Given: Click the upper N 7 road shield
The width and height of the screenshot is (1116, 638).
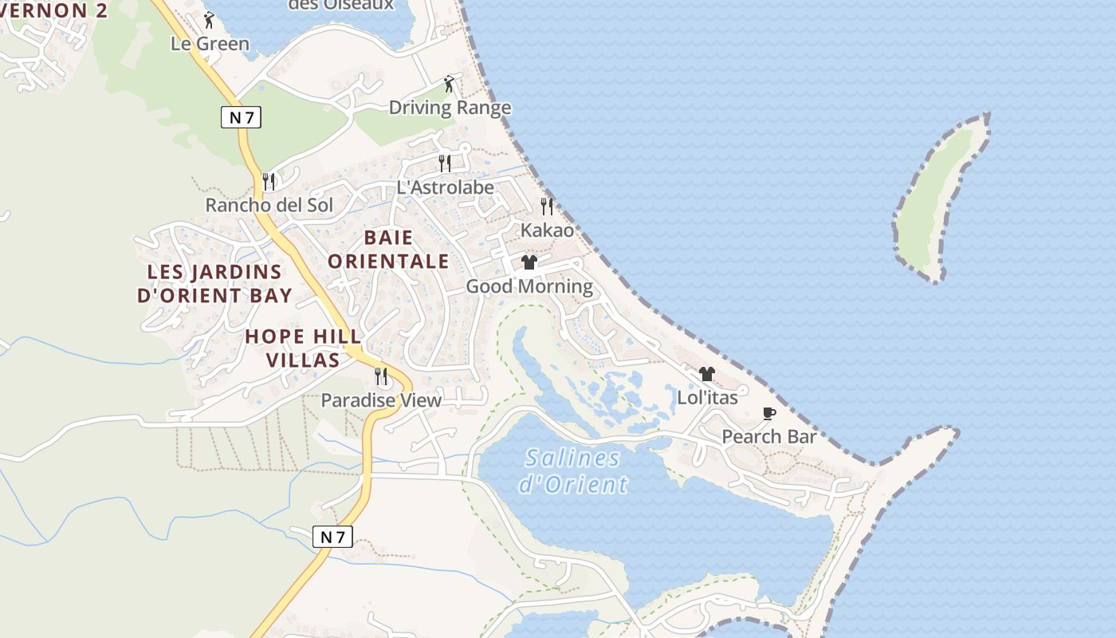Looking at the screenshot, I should point(241,118).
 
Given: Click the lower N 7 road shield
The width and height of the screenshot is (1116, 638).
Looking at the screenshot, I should point(332,537).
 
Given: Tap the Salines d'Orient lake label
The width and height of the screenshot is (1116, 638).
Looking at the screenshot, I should point(573,471).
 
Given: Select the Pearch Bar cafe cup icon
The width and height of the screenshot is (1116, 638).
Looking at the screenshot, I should point(768,413).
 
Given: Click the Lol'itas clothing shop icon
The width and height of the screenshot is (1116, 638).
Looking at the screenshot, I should point(706,374).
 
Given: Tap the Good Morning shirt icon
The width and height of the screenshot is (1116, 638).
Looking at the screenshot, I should point(529,262).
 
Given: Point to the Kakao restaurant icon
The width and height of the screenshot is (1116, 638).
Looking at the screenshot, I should point(547,207).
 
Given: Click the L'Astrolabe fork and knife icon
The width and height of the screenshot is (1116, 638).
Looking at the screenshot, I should point(445,163).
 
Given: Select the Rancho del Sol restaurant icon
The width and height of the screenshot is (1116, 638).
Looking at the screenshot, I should point(269,182).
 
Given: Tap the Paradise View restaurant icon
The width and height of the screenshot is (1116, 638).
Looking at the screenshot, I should point(381,376).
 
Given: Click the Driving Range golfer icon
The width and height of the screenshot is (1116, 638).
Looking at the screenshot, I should point(449,84).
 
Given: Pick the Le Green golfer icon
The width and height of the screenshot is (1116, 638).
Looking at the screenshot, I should point(210,20).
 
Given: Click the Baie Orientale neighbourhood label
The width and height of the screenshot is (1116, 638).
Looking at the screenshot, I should point(388,249).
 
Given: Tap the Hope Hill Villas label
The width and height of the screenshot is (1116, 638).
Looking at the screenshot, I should point(303,348).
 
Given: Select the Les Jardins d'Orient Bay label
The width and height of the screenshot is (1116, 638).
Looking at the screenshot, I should point(214,283).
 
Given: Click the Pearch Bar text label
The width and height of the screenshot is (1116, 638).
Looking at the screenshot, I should point(769,436).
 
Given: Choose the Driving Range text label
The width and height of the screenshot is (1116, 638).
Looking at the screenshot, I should point(450,108).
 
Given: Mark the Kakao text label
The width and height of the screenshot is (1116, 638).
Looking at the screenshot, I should point(547,230).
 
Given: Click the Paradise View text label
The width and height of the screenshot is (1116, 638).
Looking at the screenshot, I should point(381,400).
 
